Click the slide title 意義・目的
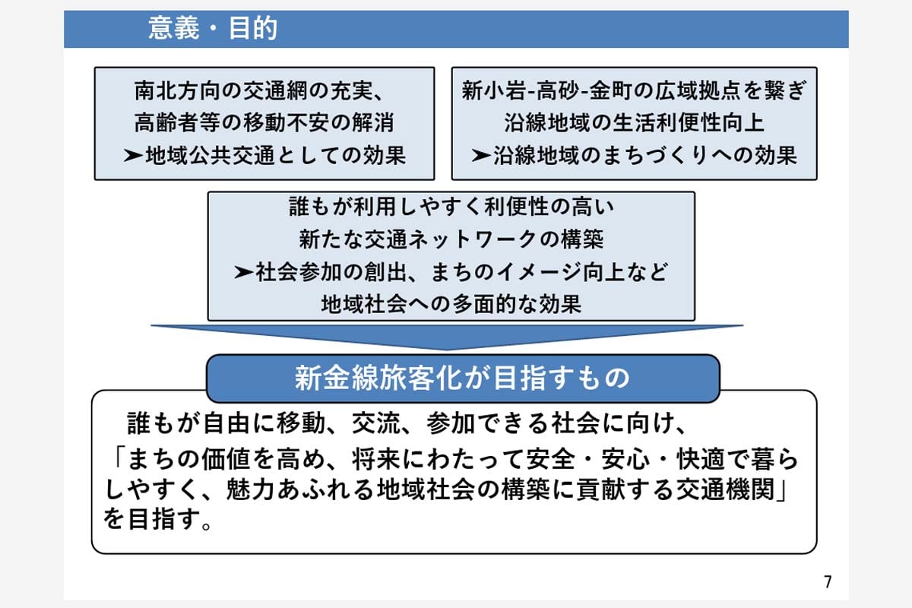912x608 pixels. [213, 30]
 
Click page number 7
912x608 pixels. [828, 582]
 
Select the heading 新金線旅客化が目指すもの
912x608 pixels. [462, 378]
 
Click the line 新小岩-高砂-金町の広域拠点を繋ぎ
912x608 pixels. [634, 92]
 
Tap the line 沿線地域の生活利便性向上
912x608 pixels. [634, 124]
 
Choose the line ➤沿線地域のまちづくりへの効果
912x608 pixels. [634, 156]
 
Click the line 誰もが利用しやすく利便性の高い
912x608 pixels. [451, 207]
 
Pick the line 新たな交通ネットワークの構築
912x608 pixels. [451, 239]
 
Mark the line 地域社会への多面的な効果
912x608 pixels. [451, 304]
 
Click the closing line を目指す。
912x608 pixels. [157, 522]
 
